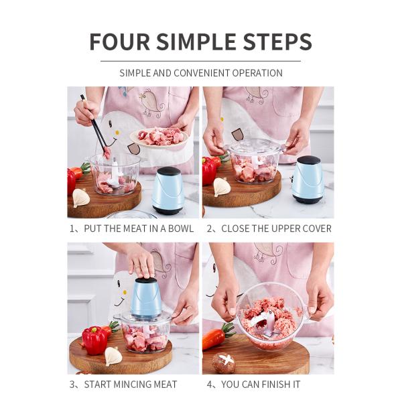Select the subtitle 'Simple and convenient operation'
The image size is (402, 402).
point(200,73)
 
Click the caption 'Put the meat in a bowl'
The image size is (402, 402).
point(131,228)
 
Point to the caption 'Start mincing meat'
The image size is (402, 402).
point(123,384)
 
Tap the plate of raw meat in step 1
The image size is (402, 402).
point(159,137)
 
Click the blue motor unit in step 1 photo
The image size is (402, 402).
point(168,190)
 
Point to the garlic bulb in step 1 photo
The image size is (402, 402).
point(80,197)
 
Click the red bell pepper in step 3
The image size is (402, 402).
point(94,340)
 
